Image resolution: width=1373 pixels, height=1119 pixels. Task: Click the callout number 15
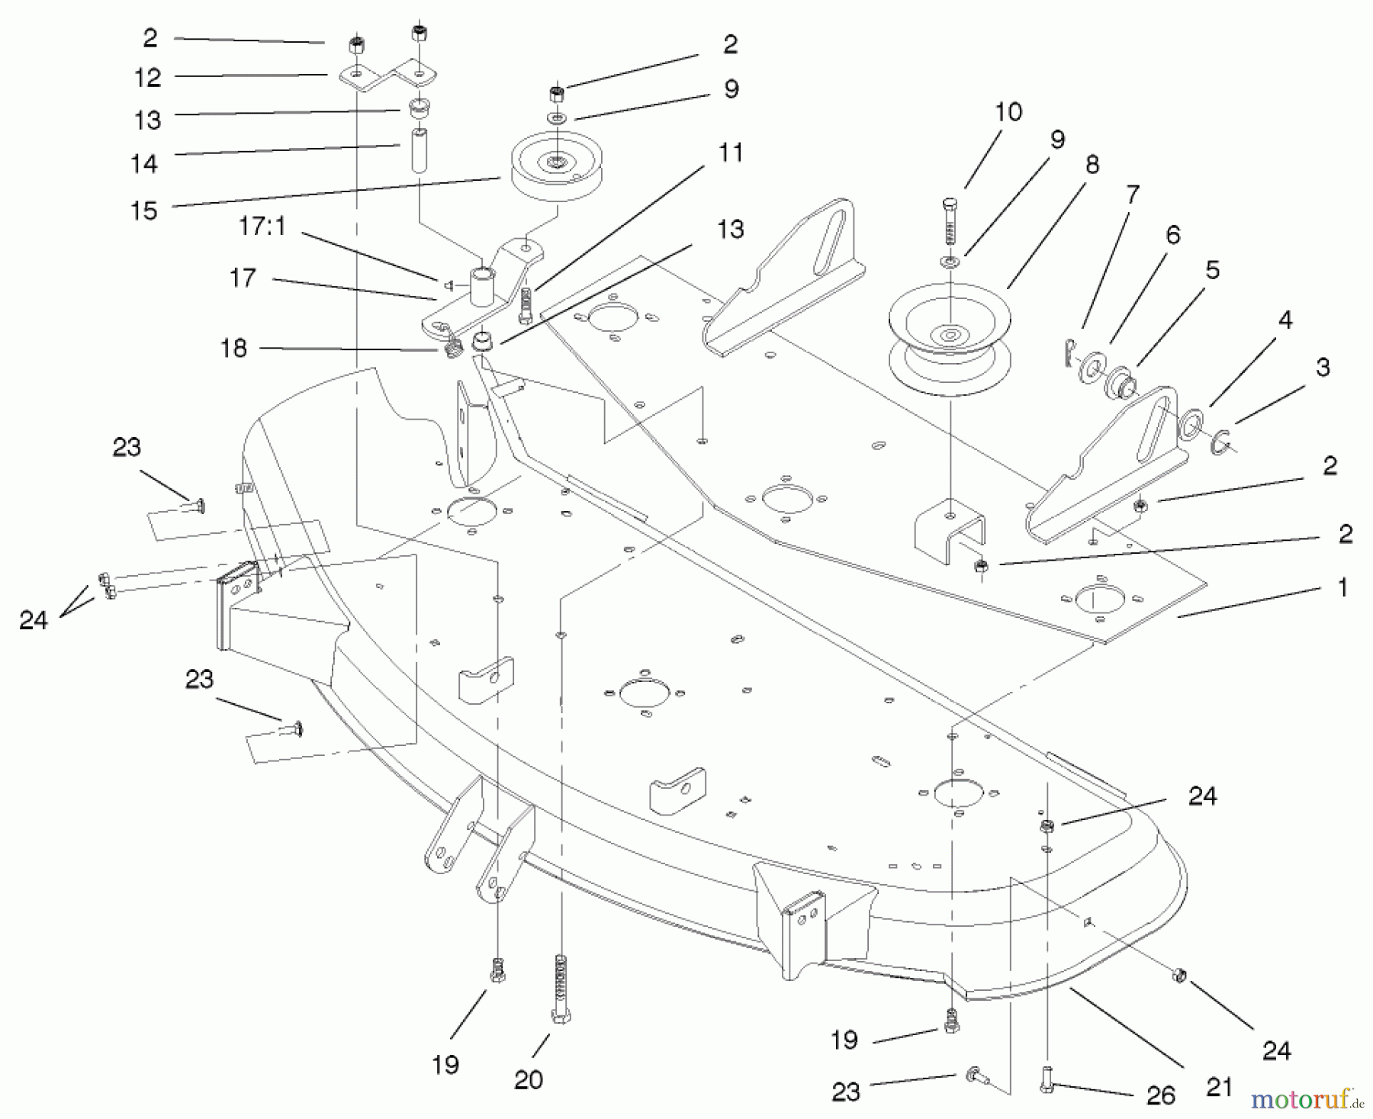click(144, 210)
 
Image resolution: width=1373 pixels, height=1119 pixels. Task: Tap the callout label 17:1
click(262, 227)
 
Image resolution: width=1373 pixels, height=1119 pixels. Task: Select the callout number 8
click(1092, 164)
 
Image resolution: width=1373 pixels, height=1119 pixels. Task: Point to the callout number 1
click(1342, 587)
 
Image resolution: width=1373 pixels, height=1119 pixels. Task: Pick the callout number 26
click(1160, 1095)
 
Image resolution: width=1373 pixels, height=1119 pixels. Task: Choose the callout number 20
click(528, 1079)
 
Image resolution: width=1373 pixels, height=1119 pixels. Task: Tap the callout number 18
click(233, 348)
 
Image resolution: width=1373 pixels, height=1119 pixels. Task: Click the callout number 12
click(147, 77)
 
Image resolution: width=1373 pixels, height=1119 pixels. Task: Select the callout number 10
click(1008, 112)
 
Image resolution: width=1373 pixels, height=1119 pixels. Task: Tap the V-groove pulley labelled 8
click(950, 332)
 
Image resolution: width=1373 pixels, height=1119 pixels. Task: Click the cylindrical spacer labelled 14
click(419, 153)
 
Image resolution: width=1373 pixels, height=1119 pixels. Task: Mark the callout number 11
click(731, 153)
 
